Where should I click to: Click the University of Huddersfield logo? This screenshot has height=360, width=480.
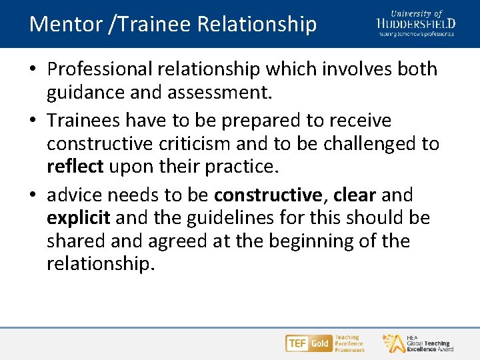point(415,23)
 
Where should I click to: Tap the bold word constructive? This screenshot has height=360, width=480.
point(267,195)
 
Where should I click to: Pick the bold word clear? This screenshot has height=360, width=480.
point(355,195)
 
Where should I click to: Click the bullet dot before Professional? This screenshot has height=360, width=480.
point(34,70)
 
